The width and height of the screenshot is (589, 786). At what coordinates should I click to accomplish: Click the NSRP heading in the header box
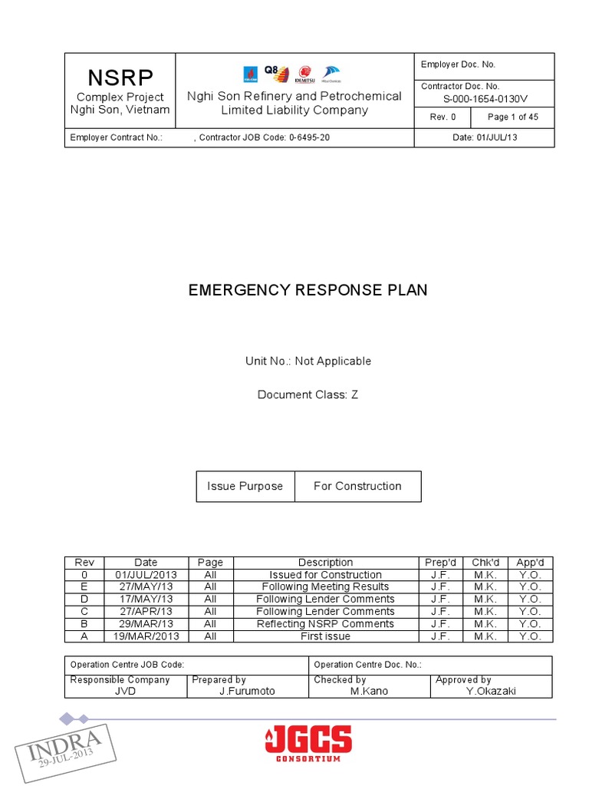point(120,78)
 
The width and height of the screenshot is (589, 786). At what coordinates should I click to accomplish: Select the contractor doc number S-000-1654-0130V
point(485,99)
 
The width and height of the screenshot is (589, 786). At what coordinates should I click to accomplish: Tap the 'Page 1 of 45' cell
point(512,117)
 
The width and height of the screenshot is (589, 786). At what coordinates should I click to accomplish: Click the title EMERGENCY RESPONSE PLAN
point(308,290)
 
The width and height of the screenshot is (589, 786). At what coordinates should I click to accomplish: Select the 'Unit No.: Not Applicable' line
point(308,361)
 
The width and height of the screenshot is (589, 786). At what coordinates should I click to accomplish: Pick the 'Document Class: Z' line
point(308,395)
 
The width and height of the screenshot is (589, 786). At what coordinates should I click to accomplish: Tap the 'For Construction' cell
point(357,486)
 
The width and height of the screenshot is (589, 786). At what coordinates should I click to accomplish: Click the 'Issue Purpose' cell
point(245,486)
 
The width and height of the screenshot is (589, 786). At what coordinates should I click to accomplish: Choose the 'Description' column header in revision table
point(325,563)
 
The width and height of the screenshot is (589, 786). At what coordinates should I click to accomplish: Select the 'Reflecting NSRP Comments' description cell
point(325,624)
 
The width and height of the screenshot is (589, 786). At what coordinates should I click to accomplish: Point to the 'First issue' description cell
point(325,636)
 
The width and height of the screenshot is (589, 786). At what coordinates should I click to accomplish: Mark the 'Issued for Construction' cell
point(325,575)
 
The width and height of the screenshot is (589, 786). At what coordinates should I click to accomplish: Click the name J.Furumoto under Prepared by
point(247,691)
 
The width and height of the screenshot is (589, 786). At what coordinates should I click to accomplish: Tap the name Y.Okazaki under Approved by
point(491,691)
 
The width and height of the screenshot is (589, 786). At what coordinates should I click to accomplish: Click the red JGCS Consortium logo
point(308,743)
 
